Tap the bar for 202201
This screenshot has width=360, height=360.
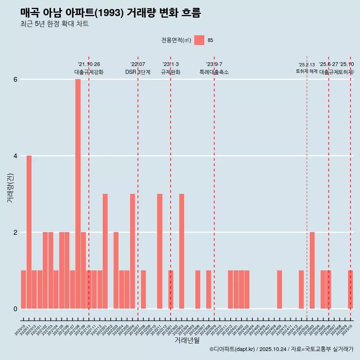[x=105, y=251]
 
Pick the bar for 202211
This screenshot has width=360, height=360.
[x=160, y=251]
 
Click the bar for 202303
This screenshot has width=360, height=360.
[x=181, y=251]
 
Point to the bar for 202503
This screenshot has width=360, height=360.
[x=312, y=270]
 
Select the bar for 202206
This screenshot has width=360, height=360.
[x=132, y=251]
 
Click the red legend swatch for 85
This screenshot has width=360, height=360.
[x=199, y=40]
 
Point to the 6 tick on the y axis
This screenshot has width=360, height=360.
[x=15, y=79]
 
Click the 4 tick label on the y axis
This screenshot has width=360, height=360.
[x=15, y=156]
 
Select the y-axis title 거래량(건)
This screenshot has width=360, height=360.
[x=10, y=188]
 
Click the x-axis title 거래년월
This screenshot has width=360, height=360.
[x=187, y=340]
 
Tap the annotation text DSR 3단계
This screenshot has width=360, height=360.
[x=138, y=72]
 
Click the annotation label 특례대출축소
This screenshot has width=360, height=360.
[x=214, y=72]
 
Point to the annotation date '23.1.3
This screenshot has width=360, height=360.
[x=171, y=64]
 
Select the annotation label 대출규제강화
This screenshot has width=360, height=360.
[x=89, y=72]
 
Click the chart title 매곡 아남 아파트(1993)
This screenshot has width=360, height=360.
[x=111, y=13]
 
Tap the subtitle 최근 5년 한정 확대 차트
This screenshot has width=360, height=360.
[x=54, y=24]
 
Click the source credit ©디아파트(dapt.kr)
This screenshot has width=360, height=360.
[x=232, y=349]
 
